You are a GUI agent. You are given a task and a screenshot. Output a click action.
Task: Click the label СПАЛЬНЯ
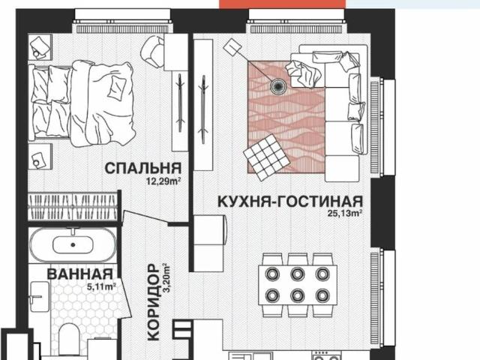tap(142, 166)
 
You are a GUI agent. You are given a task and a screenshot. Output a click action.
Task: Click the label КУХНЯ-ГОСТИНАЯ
tap(289, 200)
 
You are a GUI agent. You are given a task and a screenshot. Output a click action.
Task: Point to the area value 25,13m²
tap(344, 214)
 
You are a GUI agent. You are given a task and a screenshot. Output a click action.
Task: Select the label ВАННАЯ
tap(79, 274)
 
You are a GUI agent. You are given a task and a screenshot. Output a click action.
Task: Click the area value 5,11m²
tap(99, 286)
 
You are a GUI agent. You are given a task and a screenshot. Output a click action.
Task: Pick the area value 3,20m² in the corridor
tap(168, 279)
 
